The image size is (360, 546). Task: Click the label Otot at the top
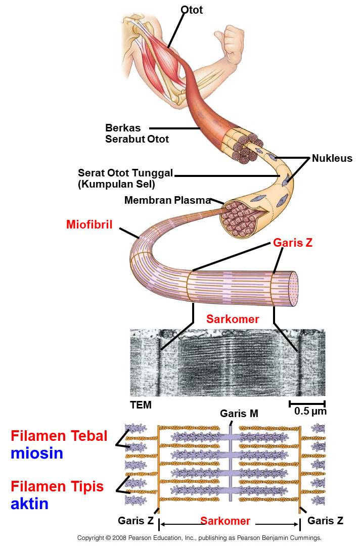192,10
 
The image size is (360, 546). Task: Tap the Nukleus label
332,158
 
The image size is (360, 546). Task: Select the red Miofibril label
89,224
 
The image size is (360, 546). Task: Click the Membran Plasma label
167,200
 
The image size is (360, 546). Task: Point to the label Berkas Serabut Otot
137,133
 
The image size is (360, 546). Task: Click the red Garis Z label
293,243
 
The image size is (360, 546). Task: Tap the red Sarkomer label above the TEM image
233,319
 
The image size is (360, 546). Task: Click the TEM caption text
141,405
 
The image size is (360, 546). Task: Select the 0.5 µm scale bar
307,404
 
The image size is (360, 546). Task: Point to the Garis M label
239,414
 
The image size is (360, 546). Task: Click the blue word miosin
37,453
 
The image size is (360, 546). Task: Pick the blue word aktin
29,504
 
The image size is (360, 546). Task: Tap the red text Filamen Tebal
59,436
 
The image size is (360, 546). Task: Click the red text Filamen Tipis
57,486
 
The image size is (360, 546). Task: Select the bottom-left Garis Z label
136,521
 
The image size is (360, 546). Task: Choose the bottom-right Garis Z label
325,521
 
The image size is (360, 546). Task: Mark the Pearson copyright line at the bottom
199,538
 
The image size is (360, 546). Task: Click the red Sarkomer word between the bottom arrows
225,521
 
